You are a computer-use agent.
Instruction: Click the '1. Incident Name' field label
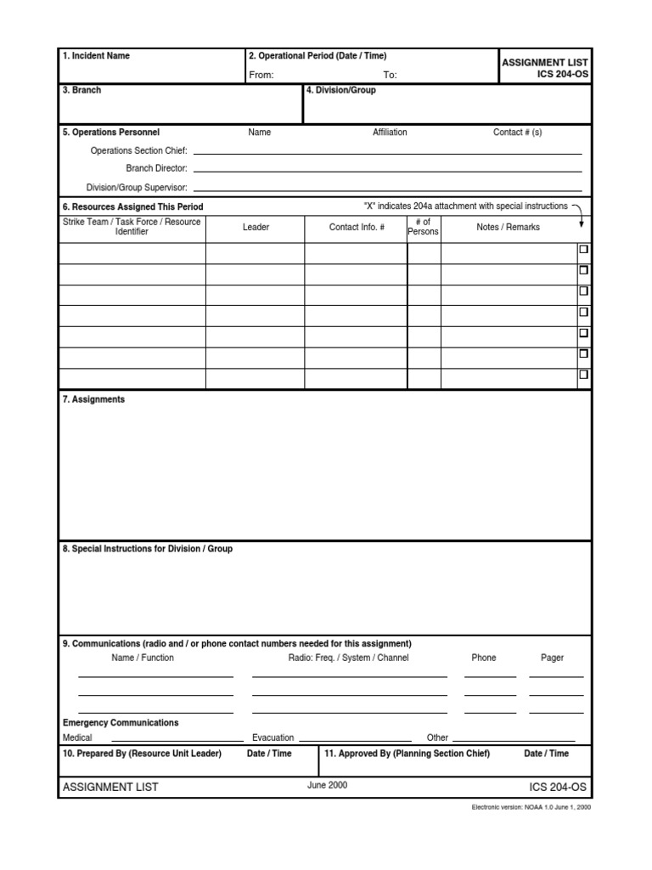(x=96, y=56)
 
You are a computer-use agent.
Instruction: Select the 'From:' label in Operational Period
(x=261, y=75)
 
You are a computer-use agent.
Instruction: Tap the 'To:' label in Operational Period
(x=390, y=75)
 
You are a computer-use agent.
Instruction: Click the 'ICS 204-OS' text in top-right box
(x=556, y=75)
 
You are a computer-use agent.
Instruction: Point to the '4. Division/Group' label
(x=340, y=90)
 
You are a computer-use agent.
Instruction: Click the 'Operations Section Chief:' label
(x=138, y=150)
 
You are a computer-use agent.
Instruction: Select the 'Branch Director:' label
(x=156, y=168)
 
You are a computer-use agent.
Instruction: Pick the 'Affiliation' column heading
(x=390, y=133)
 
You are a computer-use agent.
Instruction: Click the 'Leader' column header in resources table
(x=256, y=228)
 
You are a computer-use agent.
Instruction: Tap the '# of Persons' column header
(x=423, y=227)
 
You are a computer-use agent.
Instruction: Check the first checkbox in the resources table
(x=583, y=250)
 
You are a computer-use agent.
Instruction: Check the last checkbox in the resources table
(x=583, y=374)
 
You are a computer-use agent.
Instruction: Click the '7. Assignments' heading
(x=93, y=399)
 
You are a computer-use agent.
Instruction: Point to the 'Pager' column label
(x=552, y=658)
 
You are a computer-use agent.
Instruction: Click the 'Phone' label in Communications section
(x=483, y=658)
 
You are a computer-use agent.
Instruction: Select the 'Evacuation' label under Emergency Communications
(x=273, y=737)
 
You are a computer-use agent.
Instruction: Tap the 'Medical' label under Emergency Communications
(x=77, y=737)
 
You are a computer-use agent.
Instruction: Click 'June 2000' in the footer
(x=327, y=786)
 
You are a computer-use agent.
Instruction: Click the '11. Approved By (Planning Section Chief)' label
(x=407, y=754)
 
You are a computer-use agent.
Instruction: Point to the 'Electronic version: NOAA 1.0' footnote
(x=531, y=807)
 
